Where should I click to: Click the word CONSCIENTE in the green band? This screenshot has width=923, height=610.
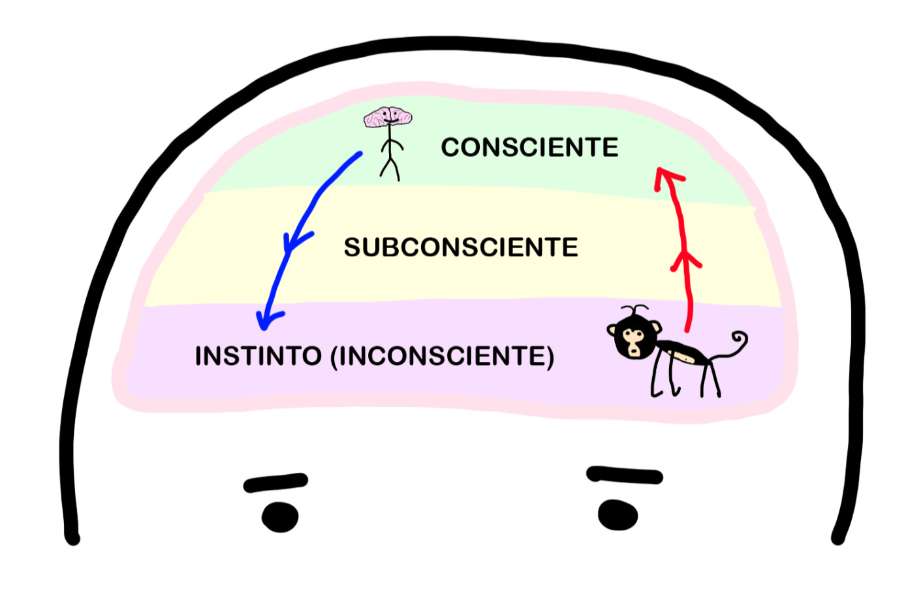pyautogui.click(x=529, y=148)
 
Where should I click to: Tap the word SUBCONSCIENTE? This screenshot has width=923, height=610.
pyautogui.click(x=461, y=248)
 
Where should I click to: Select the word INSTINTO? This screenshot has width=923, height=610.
pyautogui.click(x=258, y=357)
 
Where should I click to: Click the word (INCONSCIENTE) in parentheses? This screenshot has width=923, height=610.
pyautogui.click(x=443, y=357)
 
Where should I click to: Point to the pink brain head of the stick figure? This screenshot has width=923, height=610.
pyautogui.click(x=388, y=118)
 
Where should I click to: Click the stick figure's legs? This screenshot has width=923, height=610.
pyautogui.click(x=390, y=168)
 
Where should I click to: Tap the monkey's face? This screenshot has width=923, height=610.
pyautogui.click(x=632, y=340)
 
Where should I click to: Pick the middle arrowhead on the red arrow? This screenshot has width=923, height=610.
pyautogui.click(x=685, y=260)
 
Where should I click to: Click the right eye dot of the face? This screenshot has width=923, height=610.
pyautogui.click(x=618, y=515)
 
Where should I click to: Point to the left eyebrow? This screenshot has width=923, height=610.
pyautogui.click(x=275, y=483)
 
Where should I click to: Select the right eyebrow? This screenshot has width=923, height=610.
pyautogui.click(x=625, y=475)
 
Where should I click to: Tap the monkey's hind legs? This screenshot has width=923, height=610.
pyautogui.click(x=710, y=379)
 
